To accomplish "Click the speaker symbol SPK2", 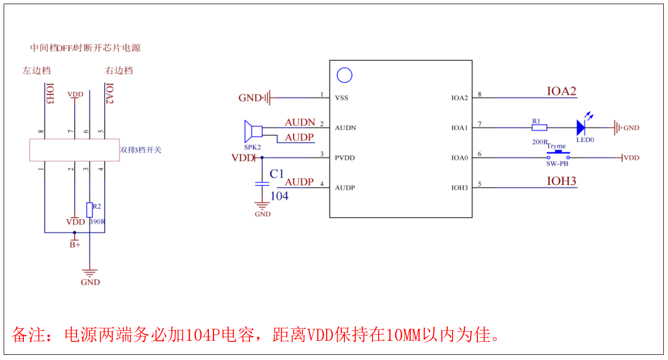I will (x=253, y=131).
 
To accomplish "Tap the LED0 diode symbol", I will (x=581, y=127).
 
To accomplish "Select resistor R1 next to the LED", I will (x=539, y=127).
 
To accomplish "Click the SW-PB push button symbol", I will (x=557, y=155).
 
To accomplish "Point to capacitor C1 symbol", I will (x=262, y=183).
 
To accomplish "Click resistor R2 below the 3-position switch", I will (x=89, y=209).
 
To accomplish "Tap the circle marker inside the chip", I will (x=344, y=75).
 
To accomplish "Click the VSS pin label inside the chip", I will (x=341, y=98).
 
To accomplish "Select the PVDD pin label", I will (x=345, y=157).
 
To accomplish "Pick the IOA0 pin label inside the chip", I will (x=459, y=157).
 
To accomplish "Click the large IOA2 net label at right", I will (x=561, y=91).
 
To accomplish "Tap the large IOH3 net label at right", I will (x=561, y=181).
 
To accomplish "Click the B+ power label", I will (x=75, y=244).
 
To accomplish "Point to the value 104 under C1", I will (x=279, y=196).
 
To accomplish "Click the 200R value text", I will (x=539, y=142).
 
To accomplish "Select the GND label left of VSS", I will (x=249, y=98).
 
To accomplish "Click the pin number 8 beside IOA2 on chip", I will (x=479, y=95).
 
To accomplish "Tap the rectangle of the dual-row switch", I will (x=74, y=150).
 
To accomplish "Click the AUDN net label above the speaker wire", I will (x=300, y=123).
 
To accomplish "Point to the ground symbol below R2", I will (x=90, y=272).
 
